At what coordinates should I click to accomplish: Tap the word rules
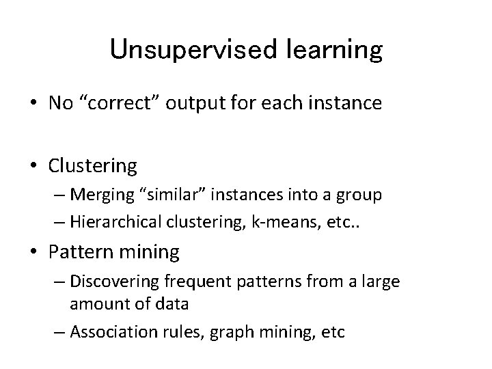tap(186, 332)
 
